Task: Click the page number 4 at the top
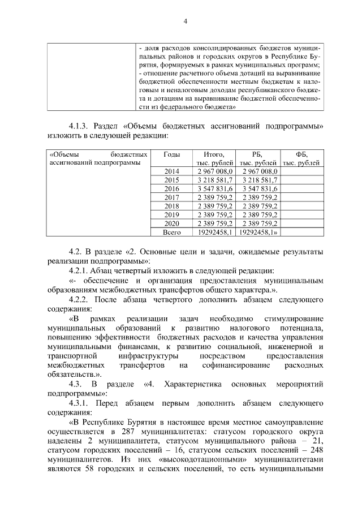(x=184, y=22)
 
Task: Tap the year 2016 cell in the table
(x=171, y=188)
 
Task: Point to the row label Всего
(x=171, y=231)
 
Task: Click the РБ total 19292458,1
(x=258, y=231)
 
